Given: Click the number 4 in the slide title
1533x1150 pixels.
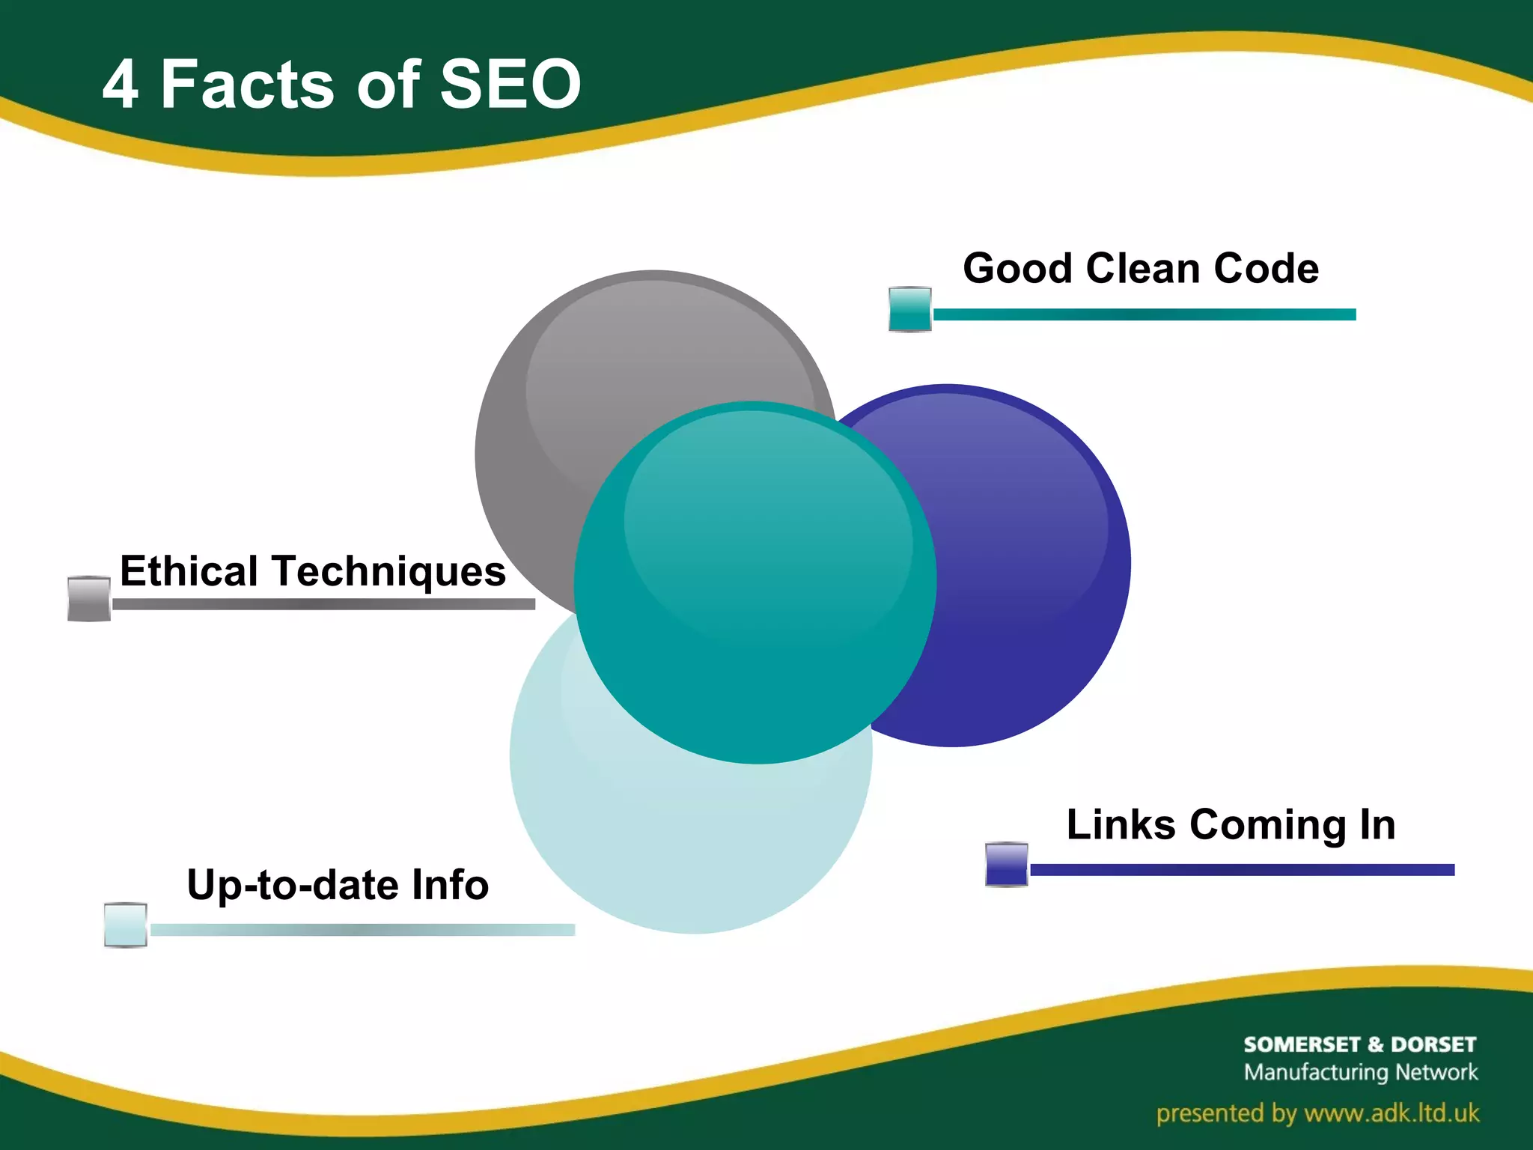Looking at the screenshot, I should (121, 85).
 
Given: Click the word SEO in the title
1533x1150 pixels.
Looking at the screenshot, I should (510, 84).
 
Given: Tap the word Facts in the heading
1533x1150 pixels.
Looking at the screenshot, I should (247, 84).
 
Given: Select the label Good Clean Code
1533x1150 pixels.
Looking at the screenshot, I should (1140, 268).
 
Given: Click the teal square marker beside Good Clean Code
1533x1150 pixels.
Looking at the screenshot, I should (909, 309).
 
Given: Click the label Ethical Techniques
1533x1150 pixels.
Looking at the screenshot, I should (313, 571).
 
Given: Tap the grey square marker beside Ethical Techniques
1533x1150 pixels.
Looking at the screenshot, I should (89, 598).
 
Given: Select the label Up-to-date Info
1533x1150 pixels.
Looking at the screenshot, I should (338, 885).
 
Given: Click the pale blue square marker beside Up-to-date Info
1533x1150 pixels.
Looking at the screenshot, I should (125, 925).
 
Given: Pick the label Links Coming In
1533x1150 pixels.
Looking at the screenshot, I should (1231, 824).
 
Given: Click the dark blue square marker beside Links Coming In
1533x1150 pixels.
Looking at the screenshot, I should (1006, 864).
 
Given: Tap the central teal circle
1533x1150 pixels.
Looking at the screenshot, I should (755, 584).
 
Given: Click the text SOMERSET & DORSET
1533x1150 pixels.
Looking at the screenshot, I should (1359, 1044).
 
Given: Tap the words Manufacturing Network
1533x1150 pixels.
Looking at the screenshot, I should (1360, 1072).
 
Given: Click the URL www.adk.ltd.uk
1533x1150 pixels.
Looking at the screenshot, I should (1392, 1113).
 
